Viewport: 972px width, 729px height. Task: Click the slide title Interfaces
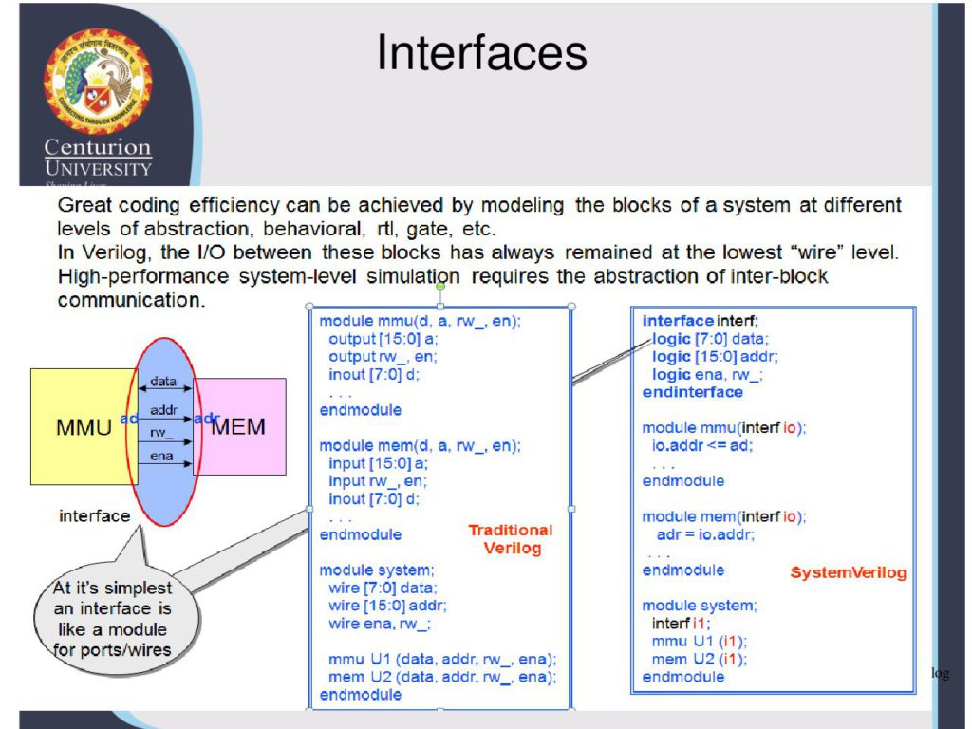coord(481,53)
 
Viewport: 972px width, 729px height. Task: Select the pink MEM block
coord(240,426)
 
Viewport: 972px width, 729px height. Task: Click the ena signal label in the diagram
coord(161,457)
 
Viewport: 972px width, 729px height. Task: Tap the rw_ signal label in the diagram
coord(162,433)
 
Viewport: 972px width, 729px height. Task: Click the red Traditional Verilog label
coord(511,539)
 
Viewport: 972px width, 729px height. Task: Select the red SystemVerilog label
coord(848,573)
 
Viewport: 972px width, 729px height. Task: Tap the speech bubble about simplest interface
coord(115,619)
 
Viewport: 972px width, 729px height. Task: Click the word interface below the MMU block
coord(94,516)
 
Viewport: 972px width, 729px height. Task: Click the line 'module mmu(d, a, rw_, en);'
coord(420,322)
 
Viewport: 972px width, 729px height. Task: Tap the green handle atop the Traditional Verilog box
coord(439,286)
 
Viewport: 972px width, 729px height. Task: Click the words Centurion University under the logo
coord(98,158)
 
